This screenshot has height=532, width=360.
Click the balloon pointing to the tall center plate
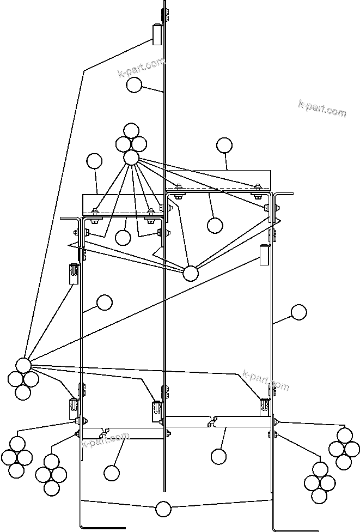[134, 85]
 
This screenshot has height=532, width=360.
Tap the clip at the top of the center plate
[158, 34]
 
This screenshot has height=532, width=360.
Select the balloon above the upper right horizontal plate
[224, 145]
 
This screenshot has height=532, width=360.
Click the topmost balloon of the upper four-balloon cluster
[131, 131]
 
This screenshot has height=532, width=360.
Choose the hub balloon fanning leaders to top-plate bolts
[131, 158]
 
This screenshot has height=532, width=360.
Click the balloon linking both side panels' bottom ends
[163, 509]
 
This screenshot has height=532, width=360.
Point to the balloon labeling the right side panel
[298, 312]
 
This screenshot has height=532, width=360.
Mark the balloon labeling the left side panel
[103, 302]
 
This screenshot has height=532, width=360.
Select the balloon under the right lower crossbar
[218, 456]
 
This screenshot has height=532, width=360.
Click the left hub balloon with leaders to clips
[23, 365]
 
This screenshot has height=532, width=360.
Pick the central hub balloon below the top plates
[190, 273]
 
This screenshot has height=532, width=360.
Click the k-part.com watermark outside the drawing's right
[322, 108]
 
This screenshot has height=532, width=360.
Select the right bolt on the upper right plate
[258, 188]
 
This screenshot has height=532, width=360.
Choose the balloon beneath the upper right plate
[215, 225]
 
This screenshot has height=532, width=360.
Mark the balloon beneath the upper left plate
[123, 237]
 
